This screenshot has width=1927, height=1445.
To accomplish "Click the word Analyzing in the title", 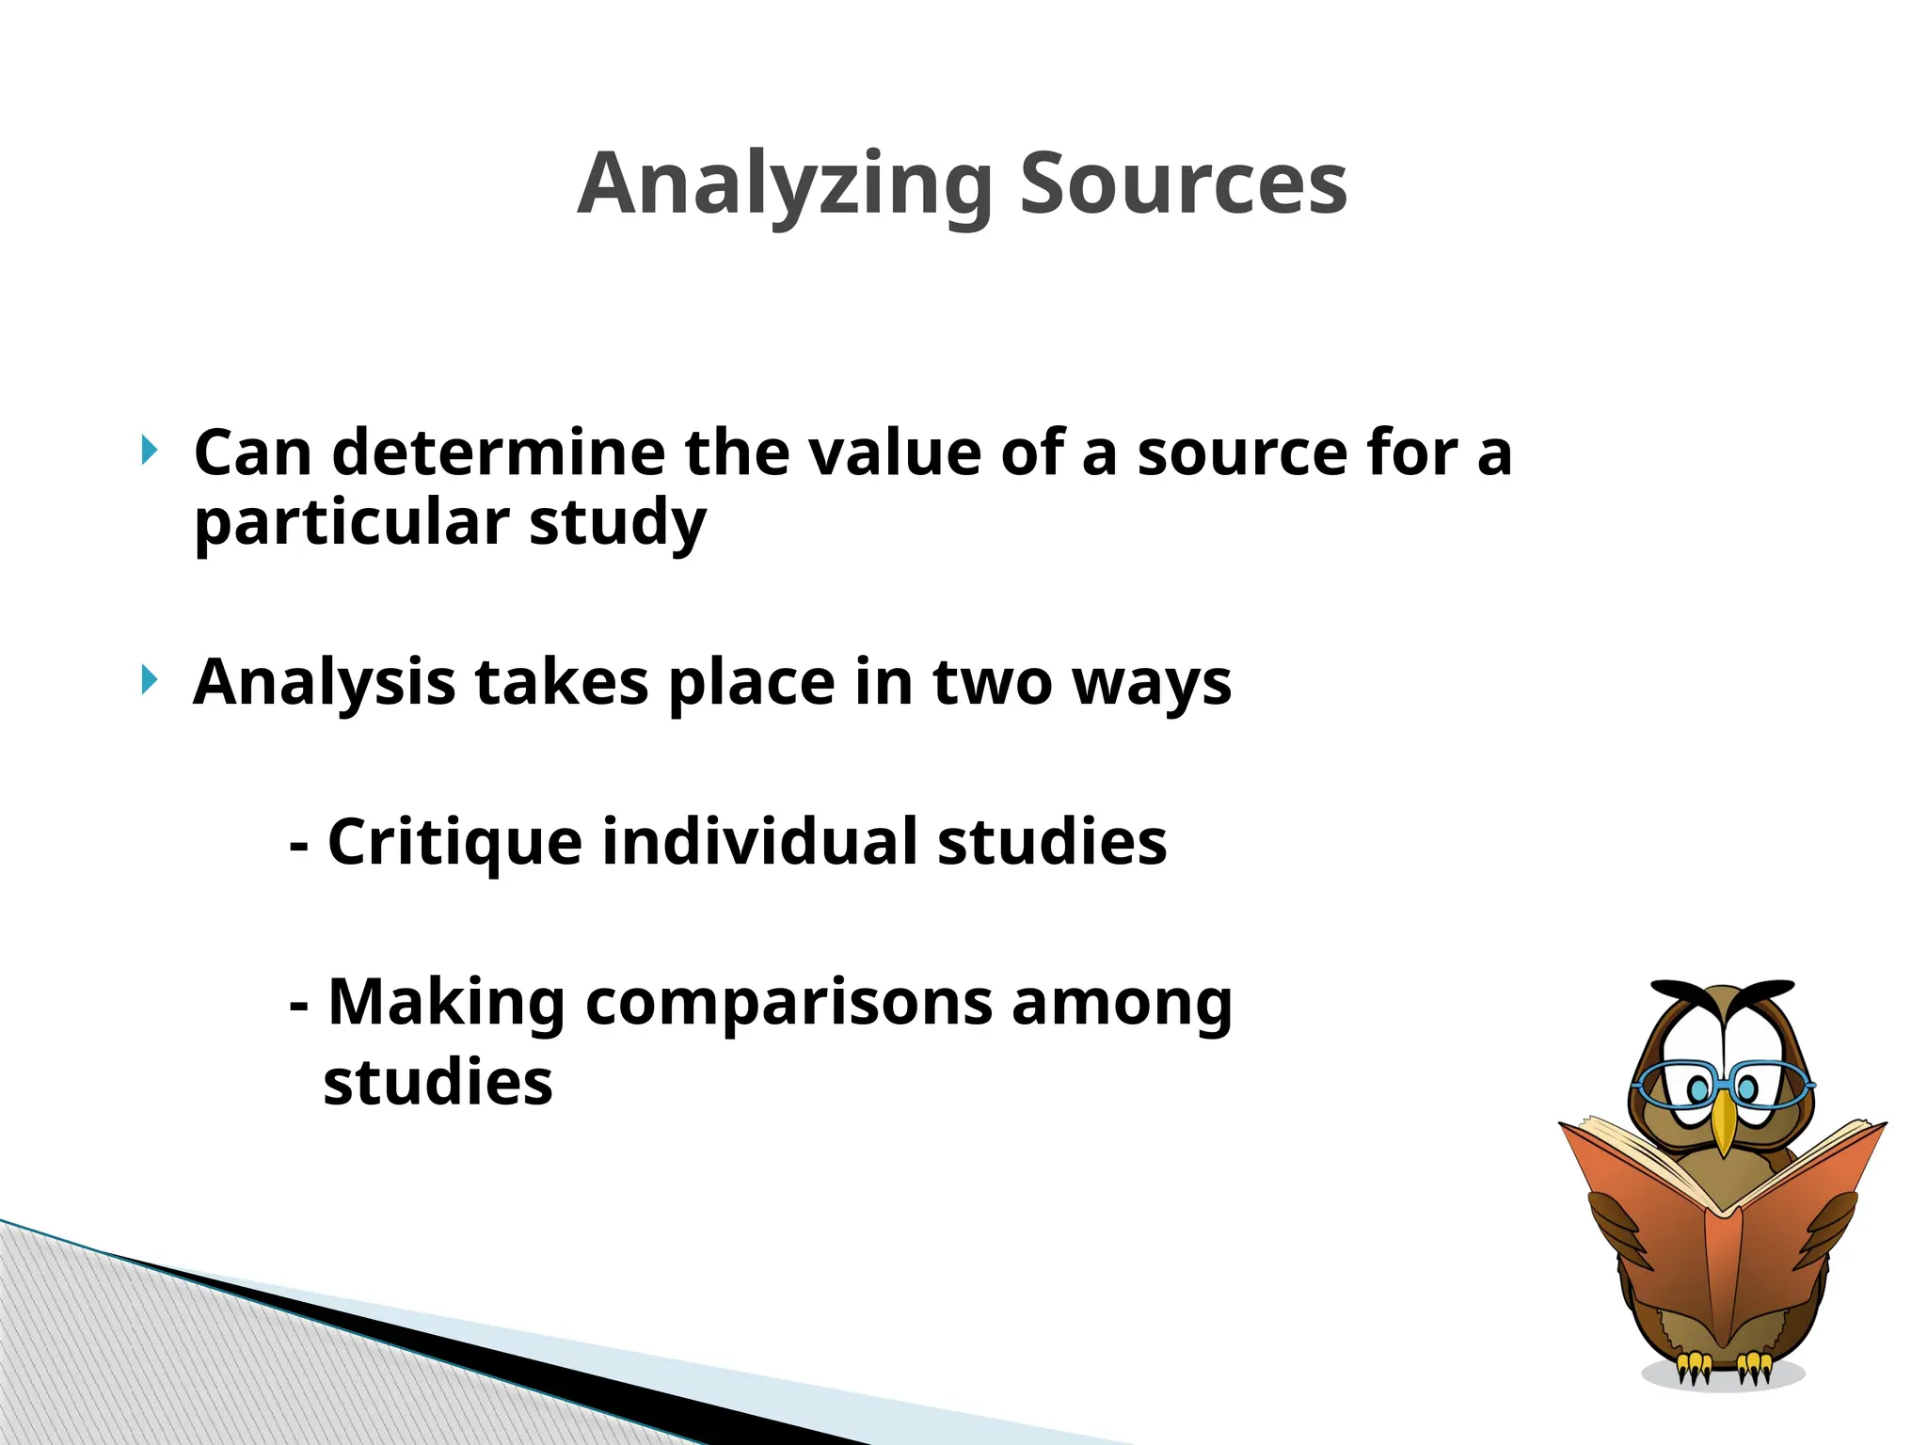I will click(x=785, y=184).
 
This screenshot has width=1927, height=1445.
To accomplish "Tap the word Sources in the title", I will click(x=1183, y=184).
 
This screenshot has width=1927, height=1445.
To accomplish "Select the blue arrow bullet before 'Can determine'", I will click(x=149, y=450).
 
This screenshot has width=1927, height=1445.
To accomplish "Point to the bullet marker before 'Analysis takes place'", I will click(x=149, y=679).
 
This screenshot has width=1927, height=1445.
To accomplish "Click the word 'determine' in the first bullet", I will click(x=499, y=453).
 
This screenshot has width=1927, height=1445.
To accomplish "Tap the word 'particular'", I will click(x=352, y=523).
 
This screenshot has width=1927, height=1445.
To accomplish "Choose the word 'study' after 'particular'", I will click(x=616, y=523).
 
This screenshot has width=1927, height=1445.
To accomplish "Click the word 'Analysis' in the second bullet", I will click(x=324, y=682).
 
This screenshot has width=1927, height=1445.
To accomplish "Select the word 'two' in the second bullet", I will click(x=992, y=682).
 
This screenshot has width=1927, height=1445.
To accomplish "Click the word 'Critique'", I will click(x=454, y=842).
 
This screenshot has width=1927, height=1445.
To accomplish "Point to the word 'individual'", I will click(x=758, y=841).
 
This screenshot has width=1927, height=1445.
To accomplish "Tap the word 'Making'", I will click(x=446, y=1003).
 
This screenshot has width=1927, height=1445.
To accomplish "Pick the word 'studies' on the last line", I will click(x=438, y=1082).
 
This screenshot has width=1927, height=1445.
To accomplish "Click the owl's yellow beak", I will click(x=1723, y=1124).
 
